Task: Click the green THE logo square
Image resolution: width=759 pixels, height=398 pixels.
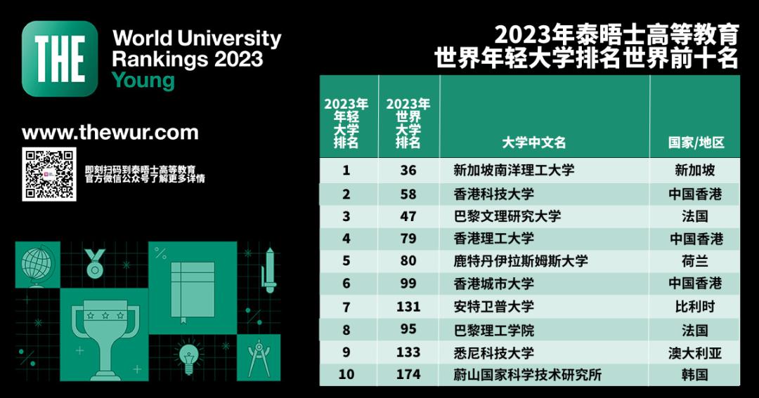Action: click(x=60, y=58)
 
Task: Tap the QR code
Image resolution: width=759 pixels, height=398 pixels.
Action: click(x=48, y=175)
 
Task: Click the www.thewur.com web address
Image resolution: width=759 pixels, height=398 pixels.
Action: click(x=110, y=133)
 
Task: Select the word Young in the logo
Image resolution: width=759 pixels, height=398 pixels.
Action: click(x=143, y=80)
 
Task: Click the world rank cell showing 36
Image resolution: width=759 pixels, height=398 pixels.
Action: click(x=408, y=170)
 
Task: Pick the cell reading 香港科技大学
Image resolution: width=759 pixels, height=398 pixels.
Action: click(x=494, y=194)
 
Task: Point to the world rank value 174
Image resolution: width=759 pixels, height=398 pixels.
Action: click(x=408, y=374)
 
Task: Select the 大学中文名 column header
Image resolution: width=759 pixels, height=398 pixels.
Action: click(x=534, y=142)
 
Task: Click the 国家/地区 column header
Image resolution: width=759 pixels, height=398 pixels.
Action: click(x=696, y=142)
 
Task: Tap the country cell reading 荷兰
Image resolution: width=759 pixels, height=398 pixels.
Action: click(x=695, y=261)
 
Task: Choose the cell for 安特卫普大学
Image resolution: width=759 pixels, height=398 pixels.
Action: click(x=494, y=306)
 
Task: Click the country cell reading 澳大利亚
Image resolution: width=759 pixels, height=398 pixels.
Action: click(x=695, y=352)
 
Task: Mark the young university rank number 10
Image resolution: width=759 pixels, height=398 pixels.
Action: click(x=346, y=374)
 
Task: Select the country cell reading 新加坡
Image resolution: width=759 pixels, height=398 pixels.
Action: click(x=695, y=170)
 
